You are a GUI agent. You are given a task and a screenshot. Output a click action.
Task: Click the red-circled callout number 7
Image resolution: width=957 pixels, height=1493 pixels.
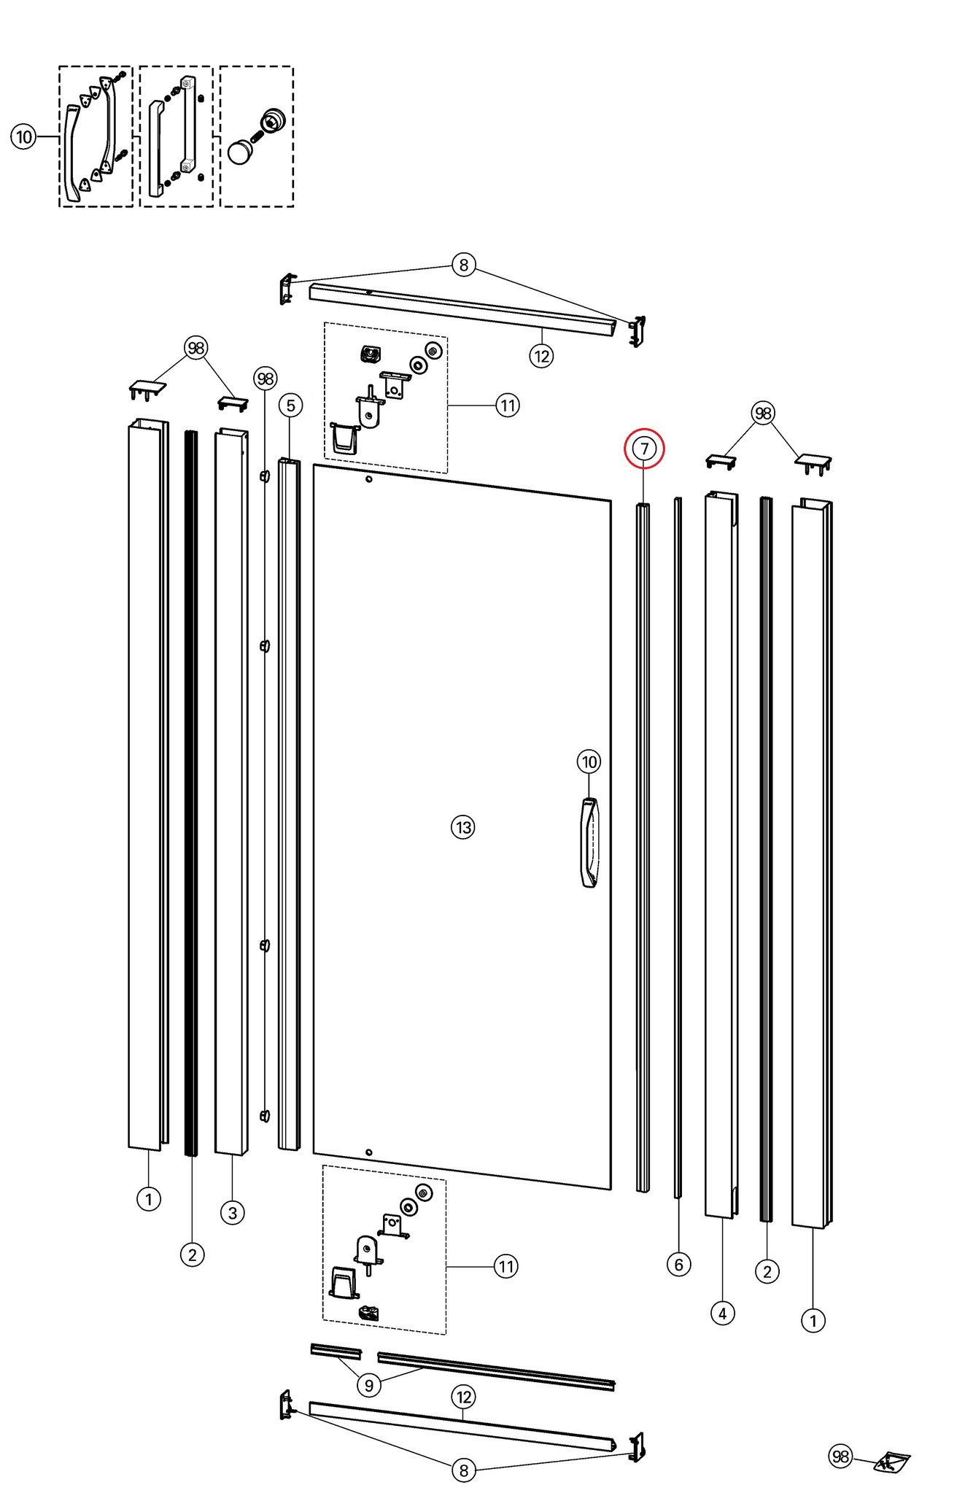(x=644, y=448)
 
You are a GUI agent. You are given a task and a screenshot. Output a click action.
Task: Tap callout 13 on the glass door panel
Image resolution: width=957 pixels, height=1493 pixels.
(x=462, y=827)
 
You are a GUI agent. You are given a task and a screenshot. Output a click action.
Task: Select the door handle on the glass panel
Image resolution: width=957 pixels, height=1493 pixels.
(x=589, y=842)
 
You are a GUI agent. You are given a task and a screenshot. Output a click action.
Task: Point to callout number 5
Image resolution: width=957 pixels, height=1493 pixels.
(x=290, y=406)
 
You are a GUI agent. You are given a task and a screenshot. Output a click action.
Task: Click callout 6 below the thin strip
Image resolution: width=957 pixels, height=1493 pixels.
(x=678, y=1264)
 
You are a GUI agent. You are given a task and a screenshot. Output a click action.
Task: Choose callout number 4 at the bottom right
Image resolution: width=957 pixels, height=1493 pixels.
(x=722, y=1314)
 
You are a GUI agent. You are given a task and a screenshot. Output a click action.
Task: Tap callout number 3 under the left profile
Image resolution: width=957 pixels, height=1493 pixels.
(x=232, y=1213)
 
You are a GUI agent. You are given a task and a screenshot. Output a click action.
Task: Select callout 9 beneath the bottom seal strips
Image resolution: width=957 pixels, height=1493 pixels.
(x=369, y=1384)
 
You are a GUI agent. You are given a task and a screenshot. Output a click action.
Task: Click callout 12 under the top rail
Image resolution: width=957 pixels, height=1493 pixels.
(x=541, y=356)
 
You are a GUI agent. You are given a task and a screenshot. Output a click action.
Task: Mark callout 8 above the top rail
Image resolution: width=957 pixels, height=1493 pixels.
(x=464, y=264)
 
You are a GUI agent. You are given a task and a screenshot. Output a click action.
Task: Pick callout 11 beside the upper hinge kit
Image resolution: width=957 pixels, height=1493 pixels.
(x=508, y=405)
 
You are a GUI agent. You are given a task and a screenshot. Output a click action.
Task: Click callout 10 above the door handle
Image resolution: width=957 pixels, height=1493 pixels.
(x=589, y=762)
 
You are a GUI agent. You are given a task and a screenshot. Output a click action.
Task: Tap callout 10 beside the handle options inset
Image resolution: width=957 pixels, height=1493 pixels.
(x=24, y=136)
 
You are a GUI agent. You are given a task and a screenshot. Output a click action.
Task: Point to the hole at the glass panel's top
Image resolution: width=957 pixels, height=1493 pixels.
(x=369, y=479)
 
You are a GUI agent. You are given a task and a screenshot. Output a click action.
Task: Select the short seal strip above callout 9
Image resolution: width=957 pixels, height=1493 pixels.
(x=336, y=1350)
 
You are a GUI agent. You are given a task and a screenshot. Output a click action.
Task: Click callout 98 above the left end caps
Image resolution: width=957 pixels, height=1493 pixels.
(x=196, y=348)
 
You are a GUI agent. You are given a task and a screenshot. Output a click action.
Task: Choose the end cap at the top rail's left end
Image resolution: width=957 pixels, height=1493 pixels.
(x=287, y=289)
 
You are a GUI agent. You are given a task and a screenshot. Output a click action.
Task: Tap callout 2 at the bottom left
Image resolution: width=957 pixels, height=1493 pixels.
(x=192, y=1254)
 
